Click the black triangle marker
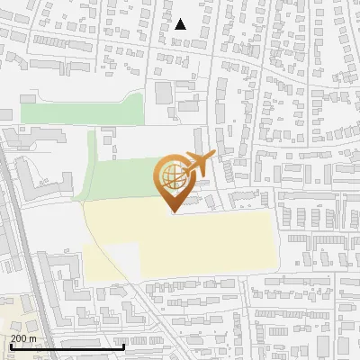click(x=181, y=24)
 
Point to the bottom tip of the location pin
click(x=174, y=211)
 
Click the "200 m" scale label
click(x=23, y=337)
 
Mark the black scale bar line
click(x=67, y=346)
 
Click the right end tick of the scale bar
click(x=123, y=346)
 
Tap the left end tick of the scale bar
click(x=10, y=346)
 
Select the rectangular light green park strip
click(x=81, y=112)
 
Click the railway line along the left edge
click(x=15, y=225)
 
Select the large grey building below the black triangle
click(x=163, y=92)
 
